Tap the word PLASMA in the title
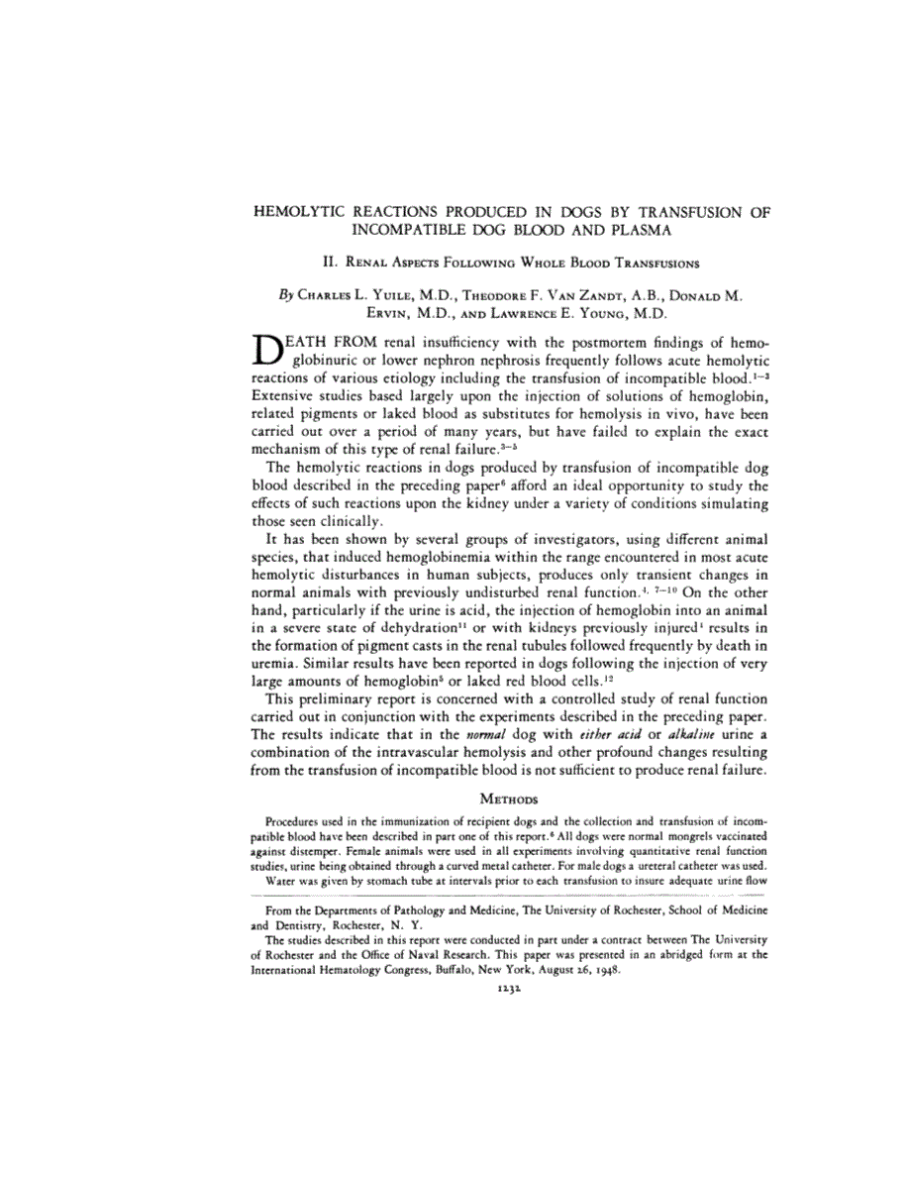(x=636, y=230)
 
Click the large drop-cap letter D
(x=270, y=352)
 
